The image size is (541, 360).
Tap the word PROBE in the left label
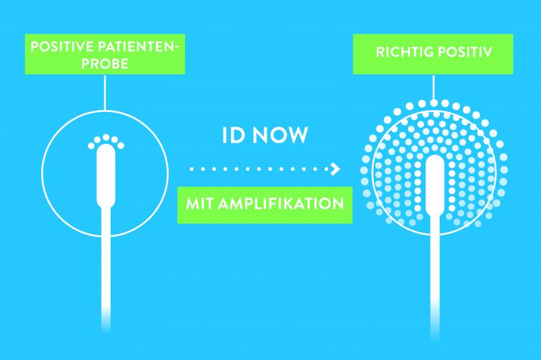pyautogui.click(x=105, y=64)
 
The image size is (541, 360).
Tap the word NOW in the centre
pyautogui.click(x=280, y=135)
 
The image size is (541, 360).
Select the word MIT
pyautogui.click(x=200, y=204)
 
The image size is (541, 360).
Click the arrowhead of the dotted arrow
pyautogui.click(x=335, y=169)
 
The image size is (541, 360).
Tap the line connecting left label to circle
pyautogui.click(x=104, y=92)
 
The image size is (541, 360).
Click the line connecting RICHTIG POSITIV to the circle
pyautogui.click(x=433, y=87)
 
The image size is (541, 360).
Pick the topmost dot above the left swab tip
pyautogui.click(x=106, y=137)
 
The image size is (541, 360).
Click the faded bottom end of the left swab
pyautogui.click(x=106, y=321)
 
